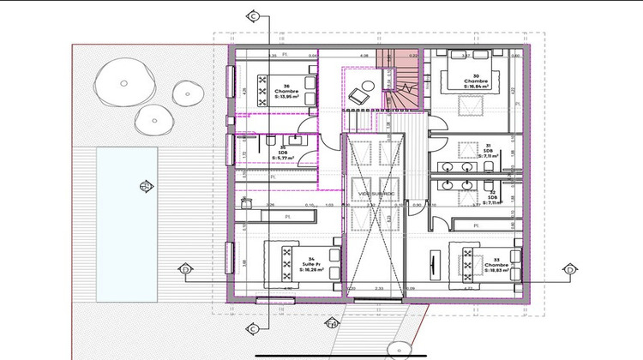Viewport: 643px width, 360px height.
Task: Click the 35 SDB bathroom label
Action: [283, 153]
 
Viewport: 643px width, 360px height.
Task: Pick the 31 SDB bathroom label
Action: [487, 152]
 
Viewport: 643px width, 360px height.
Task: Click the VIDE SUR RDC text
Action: [376, 194]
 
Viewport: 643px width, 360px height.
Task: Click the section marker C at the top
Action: [253, 16]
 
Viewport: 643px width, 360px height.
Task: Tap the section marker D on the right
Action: [569, 271]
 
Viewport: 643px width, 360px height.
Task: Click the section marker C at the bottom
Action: [253, 328]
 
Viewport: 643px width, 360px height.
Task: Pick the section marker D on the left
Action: [185, 271]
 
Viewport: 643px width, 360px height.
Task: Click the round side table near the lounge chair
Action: [367, 83]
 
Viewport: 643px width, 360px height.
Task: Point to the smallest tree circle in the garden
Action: [184, 89]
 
